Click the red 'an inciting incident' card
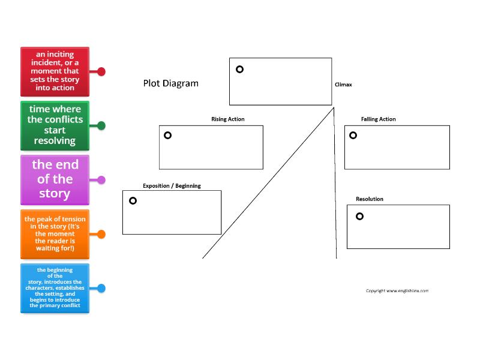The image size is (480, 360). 55,71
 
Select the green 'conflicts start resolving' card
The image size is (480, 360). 55,125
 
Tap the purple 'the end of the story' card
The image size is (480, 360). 55,179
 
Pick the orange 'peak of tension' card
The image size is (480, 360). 55,233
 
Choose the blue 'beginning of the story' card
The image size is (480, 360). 55,288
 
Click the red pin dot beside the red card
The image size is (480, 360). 101,71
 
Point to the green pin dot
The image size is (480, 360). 101,125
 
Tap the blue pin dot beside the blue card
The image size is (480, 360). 101,288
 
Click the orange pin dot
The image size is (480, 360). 101,234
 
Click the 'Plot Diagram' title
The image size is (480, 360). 170,83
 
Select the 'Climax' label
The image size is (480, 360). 343,85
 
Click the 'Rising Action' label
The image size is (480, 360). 227,119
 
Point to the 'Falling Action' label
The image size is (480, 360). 378,119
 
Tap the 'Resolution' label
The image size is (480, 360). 369,199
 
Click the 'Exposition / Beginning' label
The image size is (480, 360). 172,185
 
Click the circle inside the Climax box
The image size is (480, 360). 239,69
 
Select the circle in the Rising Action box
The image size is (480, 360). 167,135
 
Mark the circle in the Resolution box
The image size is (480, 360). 359,216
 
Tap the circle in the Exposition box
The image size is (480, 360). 133,200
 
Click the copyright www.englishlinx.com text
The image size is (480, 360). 397,290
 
